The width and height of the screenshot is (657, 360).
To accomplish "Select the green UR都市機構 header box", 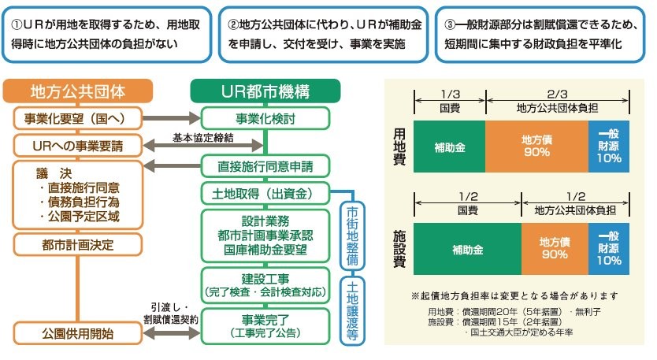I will click(265, 91).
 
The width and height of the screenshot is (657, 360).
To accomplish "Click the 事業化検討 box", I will click(265, 119).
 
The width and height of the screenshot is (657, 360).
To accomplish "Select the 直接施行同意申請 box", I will click(265, 166).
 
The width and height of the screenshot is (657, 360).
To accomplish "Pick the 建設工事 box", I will click(265, 284).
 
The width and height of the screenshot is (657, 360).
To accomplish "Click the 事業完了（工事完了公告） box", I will click(265, 326).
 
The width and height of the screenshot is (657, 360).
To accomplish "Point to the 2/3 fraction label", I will click(558, 92).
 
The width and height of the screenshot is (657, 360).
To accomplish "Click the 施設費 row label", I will click(400, 248).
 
